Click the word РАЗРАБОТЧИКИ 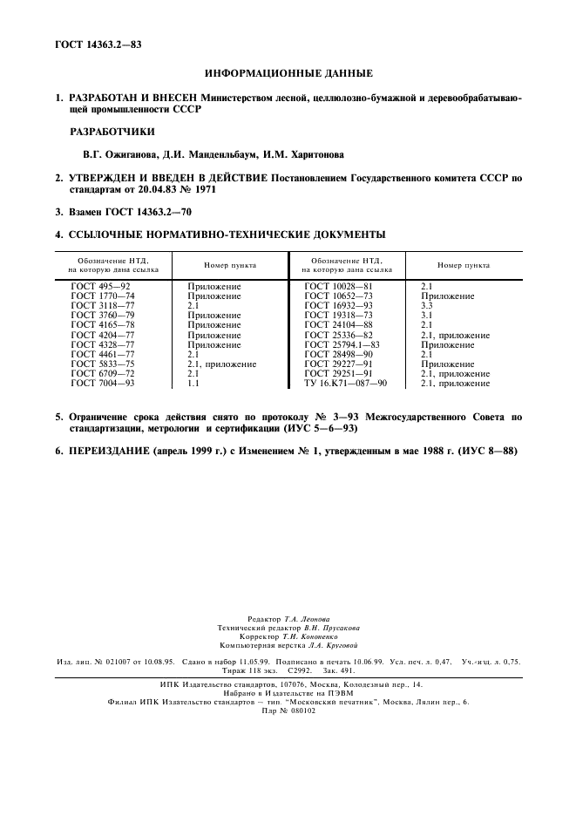112,132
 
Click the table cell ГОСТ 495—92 100,286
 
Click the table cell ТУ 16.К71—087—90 345,383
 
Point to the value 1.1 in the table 193,383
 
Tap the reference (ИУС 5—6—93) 315,429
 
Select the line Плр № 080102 288,710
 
